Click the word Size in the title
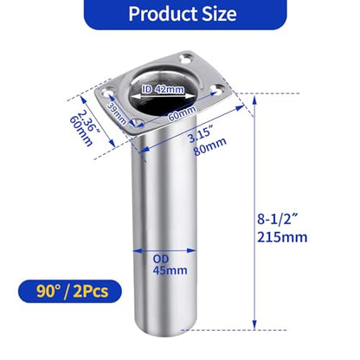coord(219,14)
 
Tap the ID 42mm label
coord(163,89)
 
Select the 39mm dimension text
coord(117,113)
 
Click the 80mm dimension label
coord(209,146)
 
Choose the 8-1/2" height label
coord(277,219)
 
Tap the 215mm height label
coord(282,237)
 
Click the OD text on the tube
coord(161,259)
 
